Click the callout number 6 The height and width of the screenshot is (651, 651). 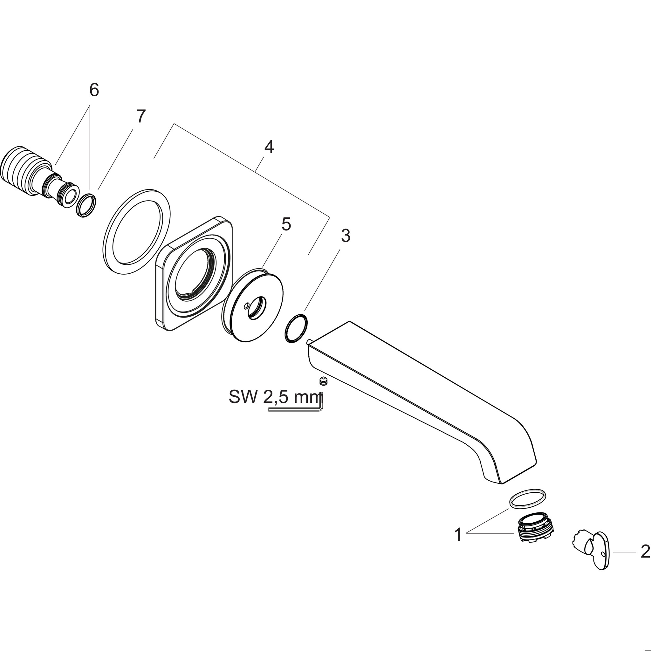(x=94, y=90)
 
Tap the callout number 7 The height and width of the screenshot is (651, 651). (x=140, y=117)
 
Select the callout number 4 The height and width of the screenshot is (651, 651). (x=269, y=147)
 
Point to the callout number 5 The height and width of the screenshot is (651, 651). (x=286, y=224)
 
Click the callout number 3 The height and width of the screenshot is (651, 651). (x=346, y=236)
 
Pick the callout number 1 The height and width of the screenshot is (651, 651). (x=458, y=535)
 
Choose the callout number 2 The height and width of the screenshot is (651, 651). (x=645, y=552)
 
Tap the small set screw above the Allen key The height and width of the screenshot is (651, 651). (x=323, y=381)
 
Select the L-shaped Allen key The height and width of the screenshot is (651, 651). (x=297, y=409)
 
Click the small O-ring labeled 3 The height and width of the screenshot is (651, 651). (x=296, y=329)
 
